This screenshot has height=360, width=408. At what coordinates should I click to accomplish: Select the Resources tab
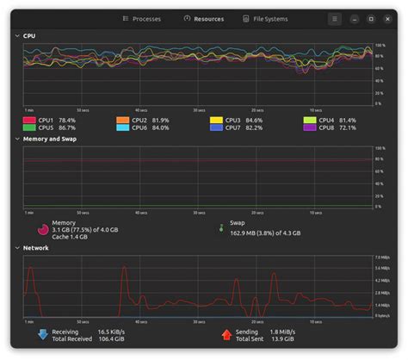[204, 18]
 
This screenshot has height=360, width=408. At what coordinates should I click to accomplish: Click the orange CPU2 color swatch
[123, 120]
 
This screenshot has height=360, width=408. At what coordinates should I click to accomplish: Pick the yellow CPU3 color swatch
[217, 120]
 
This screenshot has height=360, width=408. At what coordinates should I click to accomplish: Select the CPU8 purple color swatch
[310, 128]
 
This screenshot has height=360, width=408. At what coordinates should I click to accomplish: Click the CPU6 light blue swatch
[123, 128]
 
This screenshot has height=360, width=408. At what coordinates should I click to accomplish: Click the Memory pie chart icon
[42, 229]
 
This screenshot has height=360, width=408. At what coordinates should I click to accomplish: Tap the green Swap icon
[221, 228]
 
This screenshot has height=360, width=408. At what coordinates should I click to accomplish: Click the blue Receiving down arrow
[42, 334]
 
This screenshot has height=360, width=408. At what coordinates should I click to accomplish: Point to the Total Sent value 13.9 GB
[282, 338]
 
